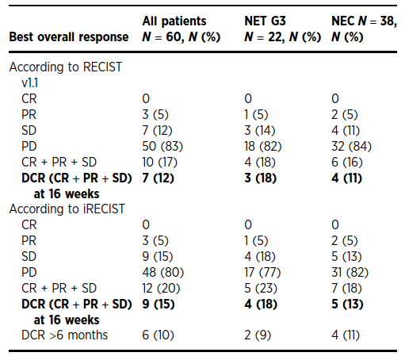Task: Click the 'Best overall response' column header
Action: point(69,36)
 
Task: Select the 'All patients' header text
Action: point(174,21)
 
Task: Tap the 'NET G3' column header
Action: point(265,21)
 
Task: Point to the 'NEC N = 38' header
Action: point(364,21)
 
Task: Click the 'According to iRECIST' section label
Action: point(67,209)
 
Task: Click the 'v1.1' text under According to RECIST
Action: point(30,83)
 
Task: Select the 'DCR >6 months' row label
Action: point(65,335)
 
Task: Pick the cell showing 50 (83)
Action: point(162,146)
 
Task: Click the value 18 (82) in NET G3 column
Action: point(263,146)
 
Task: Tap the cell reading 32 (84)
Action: point(351,146)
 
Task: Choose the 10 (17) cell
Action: point(159,162)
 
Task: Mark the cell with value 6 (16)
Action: point(347,162)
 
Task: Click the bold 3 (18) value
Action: point(261,178)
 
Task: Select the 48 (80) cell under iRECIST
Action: point(162,272)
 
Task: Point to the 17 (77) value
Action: point(262,272)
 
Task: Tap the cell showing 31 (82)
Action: point(350,272)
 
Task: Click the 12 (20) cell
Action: point(161,288)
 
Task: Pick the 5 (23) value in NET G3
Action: point(261,288)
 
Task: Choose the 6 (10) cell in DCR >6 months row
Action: point(158,335)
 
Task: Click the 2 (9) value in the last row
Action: point(258,335)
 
